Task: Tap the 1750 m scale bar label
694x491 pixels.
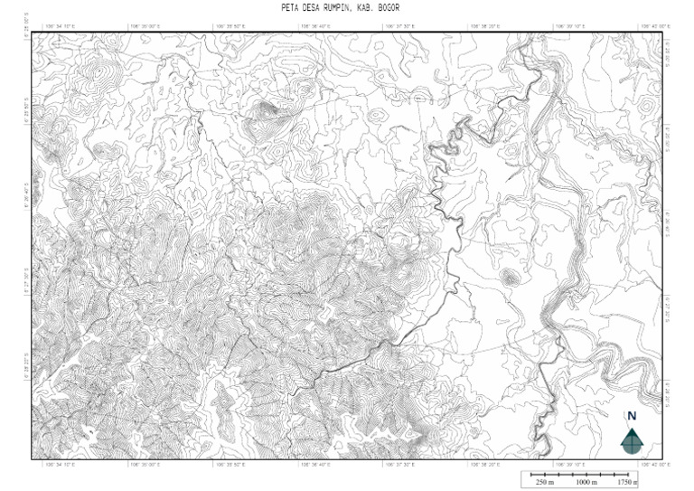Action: click(626, 483)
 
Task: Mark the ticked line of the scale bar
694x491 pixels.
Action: click(584, 473)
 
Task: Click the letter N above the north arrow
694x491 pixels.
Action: click(632, 416)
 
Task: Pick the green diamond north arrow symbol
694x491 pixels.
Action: click(632, 440)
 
